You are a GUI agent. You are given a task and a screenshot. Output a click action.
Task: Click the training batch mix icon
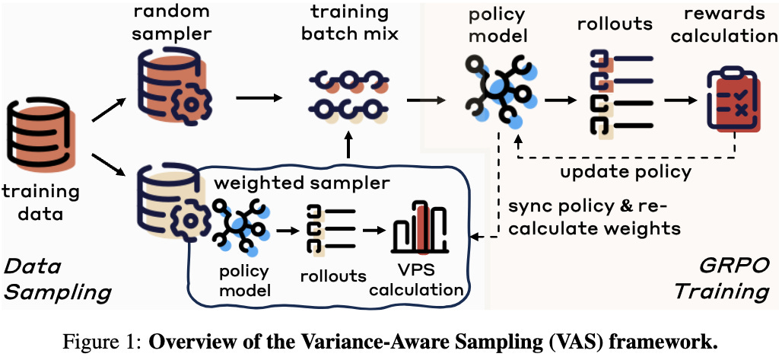(347, 97)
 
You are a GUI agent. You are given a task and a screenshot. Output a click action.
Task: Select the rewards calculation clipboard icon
(732, 99)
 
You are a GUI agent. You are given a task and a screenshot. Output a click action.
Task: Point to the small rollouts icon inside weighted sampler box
(327, 228)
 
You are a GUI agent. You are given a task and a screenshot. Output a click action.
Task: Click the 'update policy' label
(625, 171)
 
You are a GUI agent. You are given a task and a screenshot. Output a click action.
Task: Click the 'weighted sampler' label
(301, 183)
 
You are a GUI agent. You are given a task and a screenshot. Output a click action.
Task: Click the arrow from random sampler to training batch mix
(259, 97)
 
